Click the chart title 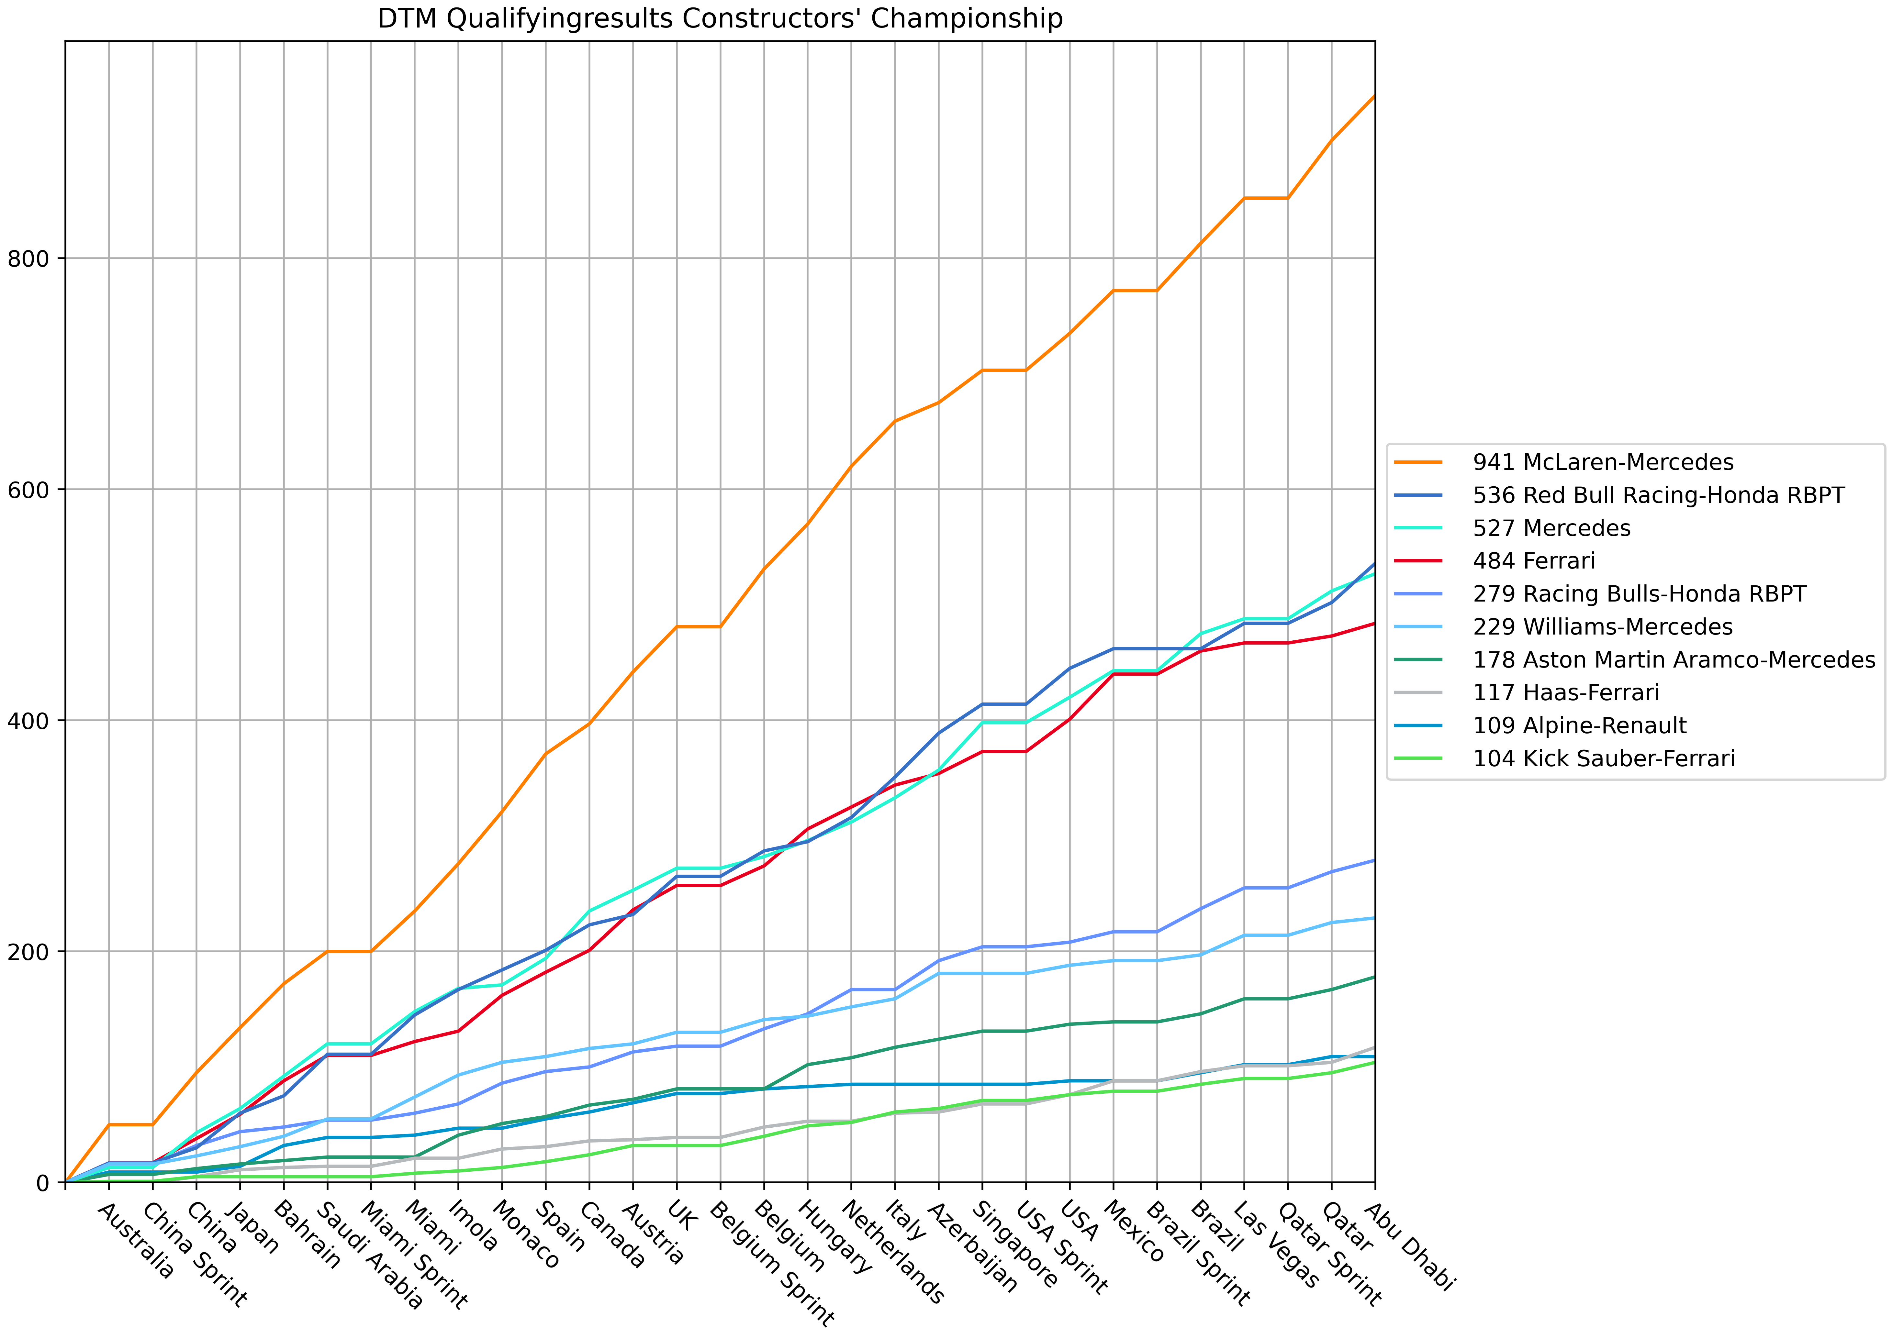[x=719, y=18]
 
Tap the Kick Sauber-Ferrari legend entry [x=1604, y=759]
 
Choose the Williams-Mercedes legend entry [x=1602, y=627]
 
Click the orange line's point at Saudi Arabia [x=327, y=952]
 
